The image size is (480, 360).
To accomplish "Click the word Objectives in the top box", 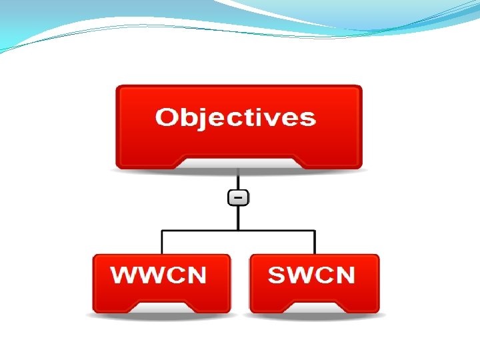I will pos(235,118).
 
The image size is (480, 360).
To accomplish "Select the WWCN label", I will pos(159,275).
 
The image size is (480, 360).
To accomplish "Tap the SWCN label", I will pos(311,275).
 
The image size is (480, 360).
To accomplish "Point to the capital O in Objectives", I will pos(167,118).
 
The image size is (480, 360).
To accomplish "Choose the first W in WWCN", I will pos(123,275).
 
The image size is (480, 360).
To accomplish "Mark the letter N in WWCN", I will pos(195,275).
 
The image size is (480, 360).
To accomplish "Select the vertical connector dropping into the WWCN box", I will pos(162,242).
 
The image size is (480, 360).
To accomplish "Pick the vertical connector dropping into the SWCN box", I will pos(315,242).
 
